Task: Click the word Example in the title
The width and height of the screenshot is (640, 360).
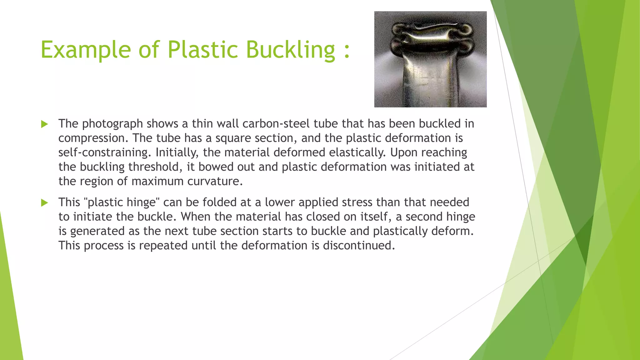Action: point(85,50)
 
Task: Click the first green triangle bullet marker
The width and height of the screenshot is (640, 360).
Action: point(45,124)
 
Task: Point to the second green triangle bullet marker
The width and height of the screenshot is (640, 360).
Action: point(45,203)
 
